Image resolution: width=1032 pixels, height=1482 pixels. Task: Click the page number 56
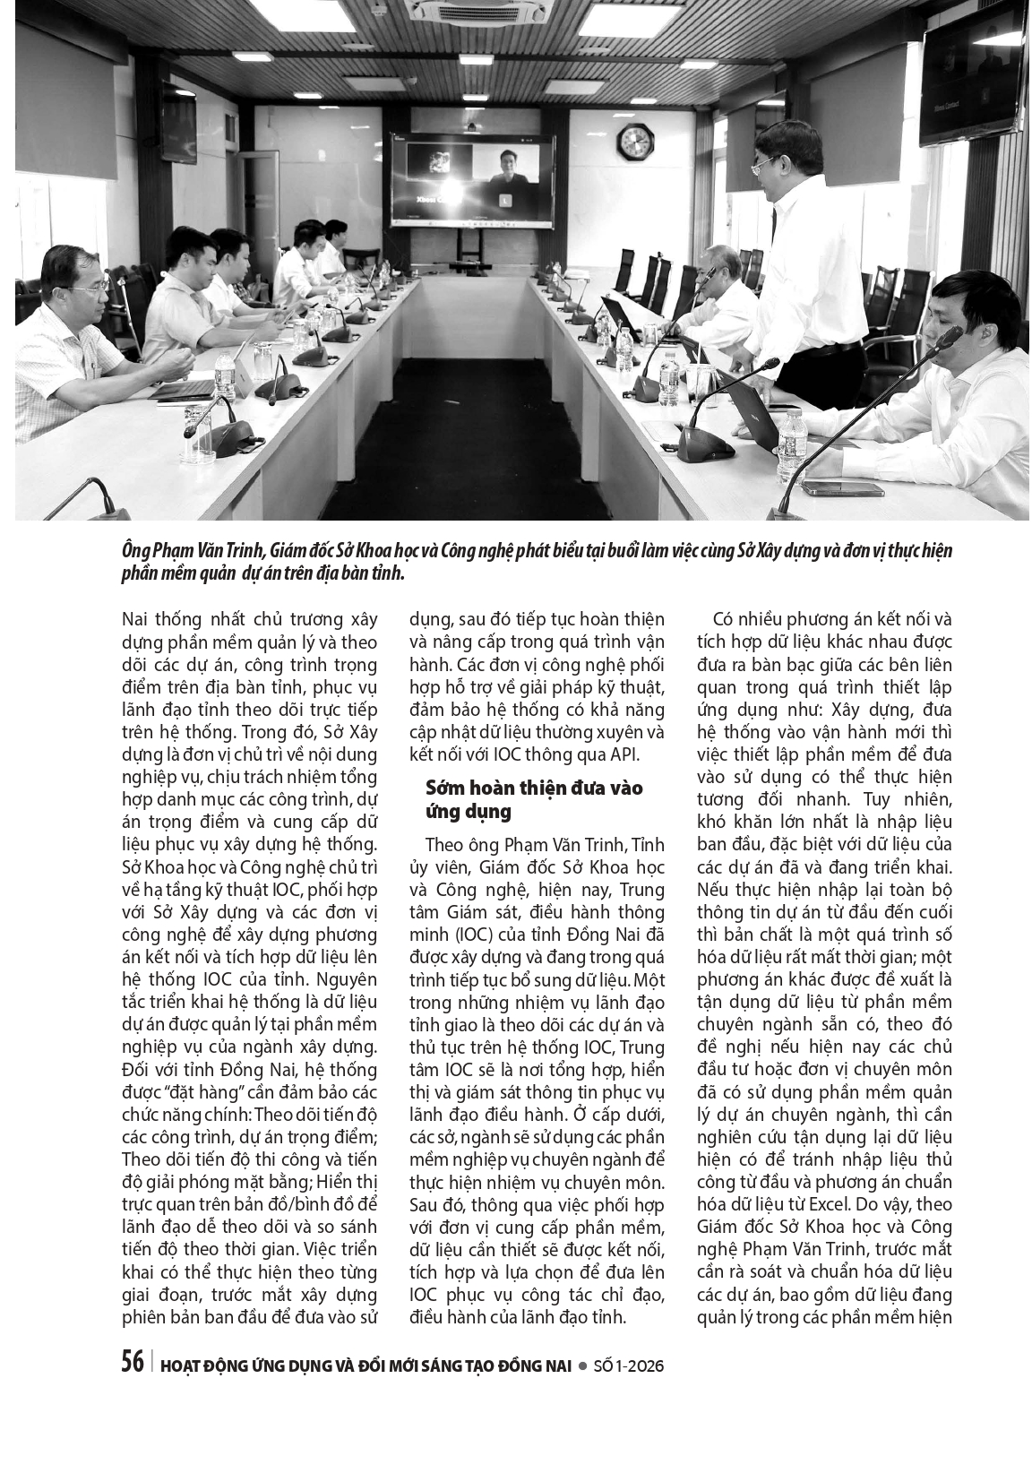[133, 1362]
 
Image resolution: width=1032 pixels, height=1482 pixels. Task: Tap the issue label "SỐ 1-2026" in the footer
[627, 1366]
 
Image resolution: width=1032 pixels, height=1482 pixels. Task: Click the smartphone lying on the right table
[829, 489]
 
